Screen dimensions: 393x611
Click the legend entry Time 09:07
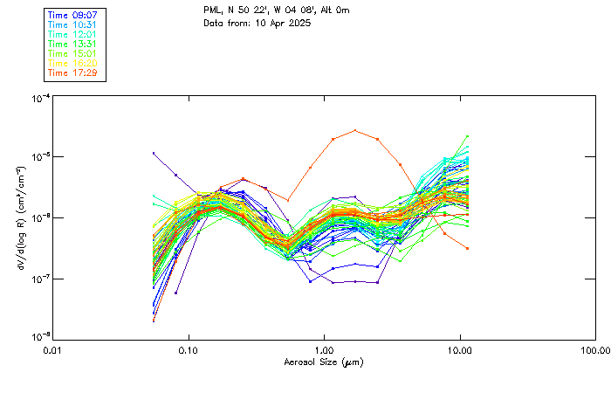(73, 15)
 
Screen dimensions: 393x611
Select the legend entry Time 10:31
(73, 24)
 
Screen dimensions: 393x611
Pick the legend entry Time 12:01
(73, 34)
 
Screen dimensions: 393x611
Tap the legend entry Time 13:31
(73, 44)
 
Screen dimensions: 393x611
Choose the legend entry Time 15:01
(73, 53)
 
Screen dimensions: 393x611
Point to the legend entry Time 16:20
(73, 63)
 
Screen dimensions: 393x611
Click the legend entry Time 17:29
(73, 72)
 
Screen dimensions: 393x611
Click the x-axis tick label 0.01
(53, 349)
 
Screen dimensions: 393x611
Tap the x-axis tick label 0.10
(189, 349)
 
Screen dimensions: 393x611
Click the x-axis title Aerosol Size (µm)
(324, 362)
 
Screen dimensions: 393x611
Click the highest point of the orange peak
(355, 130)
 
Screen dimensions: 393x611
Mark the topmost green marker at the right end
(468, 136)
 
